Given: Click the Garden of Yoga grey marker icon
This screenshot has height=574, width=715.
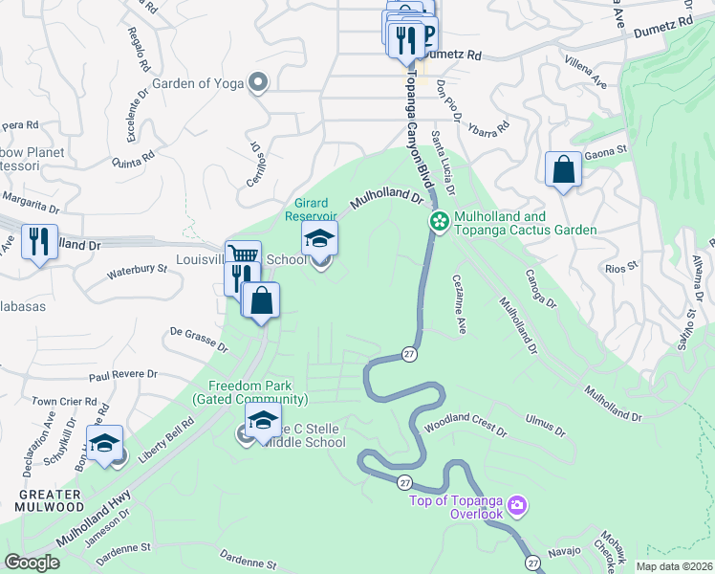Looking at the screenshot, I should pyautogui.click(x=257, y=83).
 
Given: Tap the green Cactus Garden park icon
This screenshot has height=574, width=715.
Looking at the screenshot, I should pyautogui.click(x=439, y=222).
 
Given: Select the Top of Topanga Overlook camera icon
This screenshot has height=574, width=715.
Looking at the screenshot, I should pyautogui.click(x=517, y=504).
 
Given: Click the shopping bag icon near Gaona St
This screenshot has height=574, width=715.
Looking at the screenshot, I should pyautogui.click(x=563, y=169).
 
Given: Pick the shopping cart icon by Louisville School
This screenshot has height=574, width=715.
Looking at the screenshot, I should pyautogui.click(x=243, y=256).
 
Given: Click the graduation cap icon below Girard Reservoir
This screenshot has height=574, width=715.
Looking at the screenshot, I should pyautogui.click(x=320, y=238).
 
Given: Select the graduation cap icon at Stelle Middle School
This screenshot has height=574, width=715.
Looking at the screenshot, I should pyautogui.click(x=263, y=419).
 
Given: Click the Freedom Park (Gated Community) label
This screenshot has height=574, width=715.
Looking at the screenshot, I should pyautogui.click(x=250, y=392).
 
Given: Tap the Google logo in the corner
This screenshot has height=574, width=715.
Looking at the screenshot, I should pyautogui.click(x=32, y=563).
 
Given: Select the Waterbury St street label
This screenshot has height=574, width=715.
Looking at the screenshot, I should pyautogui.click(x=130, y=272).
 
